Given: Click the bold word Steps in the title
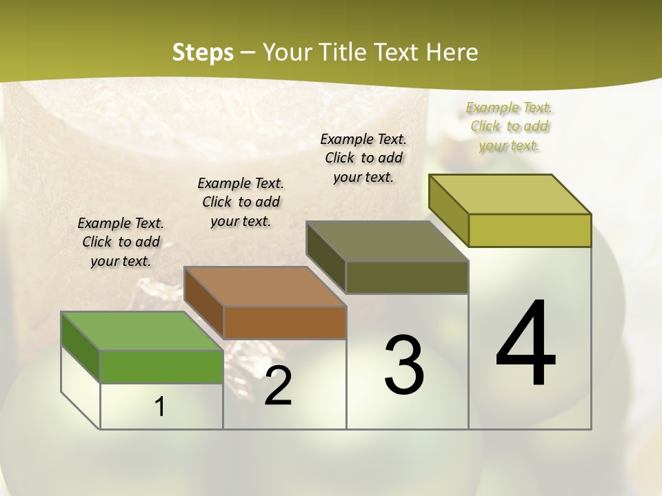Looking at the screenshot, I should click(203, 52).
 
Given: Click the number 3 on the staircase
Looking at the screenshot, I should click(403, 365).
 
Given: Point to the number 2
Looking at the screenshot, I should click(278, 386).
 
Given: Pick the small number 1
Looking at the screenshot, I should click(160, 407).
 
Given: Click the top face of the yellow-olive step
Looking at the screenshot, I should click(510, 194).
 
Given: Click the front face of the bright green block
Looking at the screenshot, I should click(161, 366).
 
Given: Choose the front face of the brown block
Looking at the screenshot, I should click(284, 322).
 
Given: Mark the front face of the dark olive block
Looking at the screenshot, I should click(407, 278).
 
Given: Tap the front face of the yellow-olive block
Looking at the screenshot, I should click(530, 230).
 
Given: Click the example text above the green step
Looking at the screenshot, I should click(121, 242).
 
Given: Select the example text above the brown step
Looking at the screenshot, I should click(241, 202).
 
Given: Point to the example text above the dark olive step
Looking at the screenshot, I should click(363, 158).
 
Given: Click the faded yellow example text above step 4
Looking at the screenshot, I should click(510, 126).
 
